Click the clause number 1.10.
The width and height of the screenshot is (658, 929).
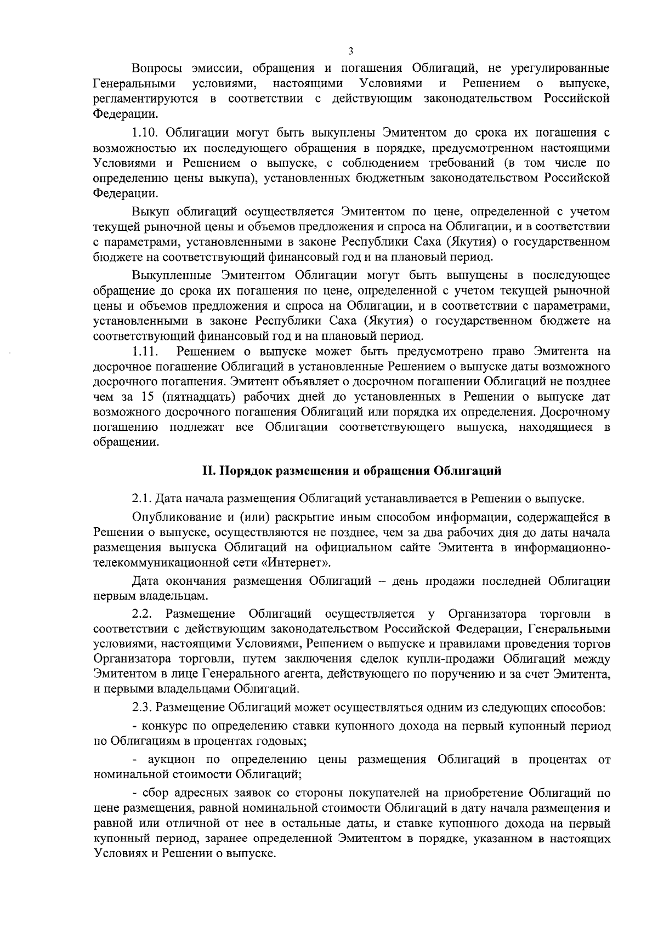click(145, 133)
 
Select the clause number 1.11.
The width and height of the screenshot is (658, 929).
click(145, 351)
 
